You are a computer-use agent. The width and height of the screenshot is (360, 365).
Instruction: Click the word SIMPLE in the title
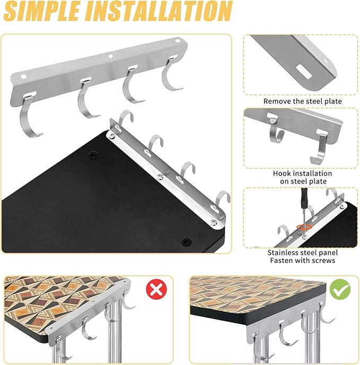click(x=41, y=11)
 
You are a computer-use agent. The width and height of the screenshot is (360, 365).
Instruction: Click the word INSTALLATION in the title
click(x=158, y=11)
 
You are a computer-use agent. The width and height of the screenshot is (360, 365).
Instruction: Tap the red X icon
click(x=156, y=289)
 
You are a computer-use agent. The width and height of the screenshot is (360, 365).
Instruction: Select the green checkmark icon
click(x=340, y=289)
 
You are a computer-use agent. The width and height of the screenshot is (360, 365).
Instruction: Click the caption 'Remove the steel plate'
click(x=303, y=101)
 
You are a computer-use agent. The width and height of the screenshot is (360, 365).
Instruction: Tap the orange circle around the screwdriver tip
click(x=304, y=227)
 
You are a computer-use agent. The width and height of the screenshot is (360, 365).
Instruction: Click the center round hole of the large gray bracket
click(x=110, y=56)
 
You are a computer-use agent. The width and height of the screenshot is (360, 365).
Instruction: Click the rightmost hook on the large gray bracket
click(x=171, y=74)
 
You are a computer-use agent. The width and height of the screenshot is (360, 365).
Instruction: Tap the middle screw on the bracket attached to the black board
click(x=160, y=177)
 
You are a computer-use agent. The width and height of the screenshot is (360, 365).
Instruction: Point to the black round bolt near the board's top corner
click(x=93, y=155)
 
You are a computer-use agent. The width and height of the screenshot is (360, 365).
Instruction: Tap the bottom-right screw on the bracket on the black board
click(x=214, y=222)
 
